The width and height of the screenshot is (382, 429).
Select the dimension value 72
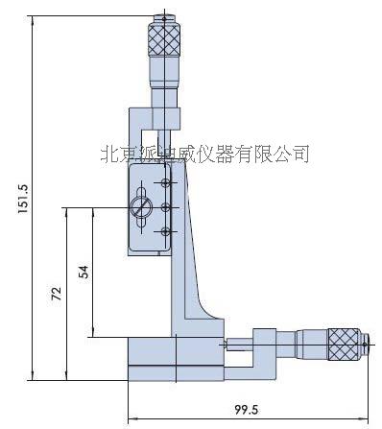click(x=57, y=292)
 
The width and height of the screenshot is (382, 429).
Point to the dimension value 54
click(x=83, y=273)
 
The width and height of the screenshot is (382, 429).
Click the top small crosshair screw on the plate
click(x=167, y=183)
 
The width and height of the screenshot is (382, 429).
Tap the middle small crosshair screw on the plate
click(x=167, y=207)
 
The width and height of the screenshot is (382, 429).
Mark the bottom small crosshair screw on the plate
click(x=167, y=230)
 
